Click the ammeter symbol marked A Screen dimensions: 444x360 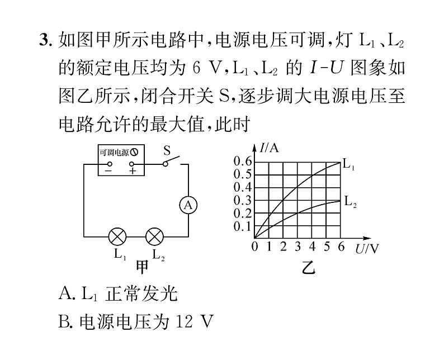coord(188,206)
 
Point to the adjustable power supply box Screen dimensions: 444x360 coord(121,160)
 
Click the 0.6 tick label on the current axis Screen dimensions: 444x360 coord(243,162)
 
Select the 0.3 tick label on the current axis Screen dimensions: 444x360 coord(243,200)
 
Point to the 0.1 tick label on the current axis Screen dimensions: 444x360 coord(243,226)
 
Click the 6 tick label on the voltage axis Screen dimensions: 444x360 coord(341,248)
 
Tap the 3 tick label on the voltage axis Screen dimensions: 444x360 coord(297,248)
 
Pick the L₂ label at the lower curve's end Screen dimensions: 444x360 coord(350,202)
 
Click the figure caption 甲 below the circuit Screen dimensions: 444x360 coord(143,267)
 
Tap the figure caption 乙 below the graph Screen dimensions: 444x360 coord(309,268)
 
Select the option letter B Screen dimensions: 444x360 coord(65,322)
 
